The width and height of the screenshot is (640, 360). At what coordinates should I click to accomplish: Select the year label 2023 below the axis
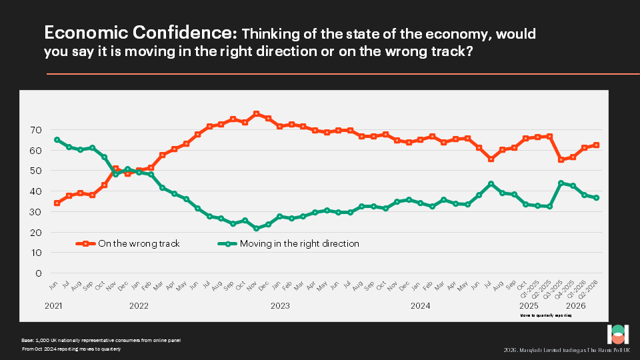[279, 307]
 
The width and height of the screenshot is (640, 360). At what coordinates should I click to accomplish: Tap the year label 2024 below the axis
[420, 307]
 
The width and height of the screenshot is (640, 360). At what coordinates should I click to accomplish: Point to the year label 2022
[139, 307]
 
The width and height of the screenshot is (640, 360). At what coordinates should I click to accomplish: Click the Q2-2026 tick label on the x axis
[592, 290]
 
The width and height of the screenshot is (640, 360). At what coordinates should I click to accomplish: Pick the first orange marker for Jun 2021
[57, 203]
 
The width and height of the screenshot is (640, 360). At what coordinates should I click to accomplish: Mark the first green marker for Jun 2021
[57, 140]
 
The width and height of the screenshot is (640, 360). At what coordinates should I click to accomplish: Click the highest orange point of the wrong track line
[257, 114]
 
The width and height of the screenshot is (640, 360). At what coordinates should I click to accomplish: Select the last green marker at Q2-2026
[596, 198]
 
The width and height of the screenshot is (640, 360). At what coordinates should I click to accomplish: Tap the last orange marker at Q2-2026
[596, 145]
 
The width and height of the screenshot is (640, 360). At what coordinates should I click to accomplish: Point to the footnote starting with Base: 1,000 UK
[100, 341]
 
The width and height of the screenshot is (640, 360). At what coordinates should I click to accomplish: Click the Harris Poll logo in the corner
[617, 335]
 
